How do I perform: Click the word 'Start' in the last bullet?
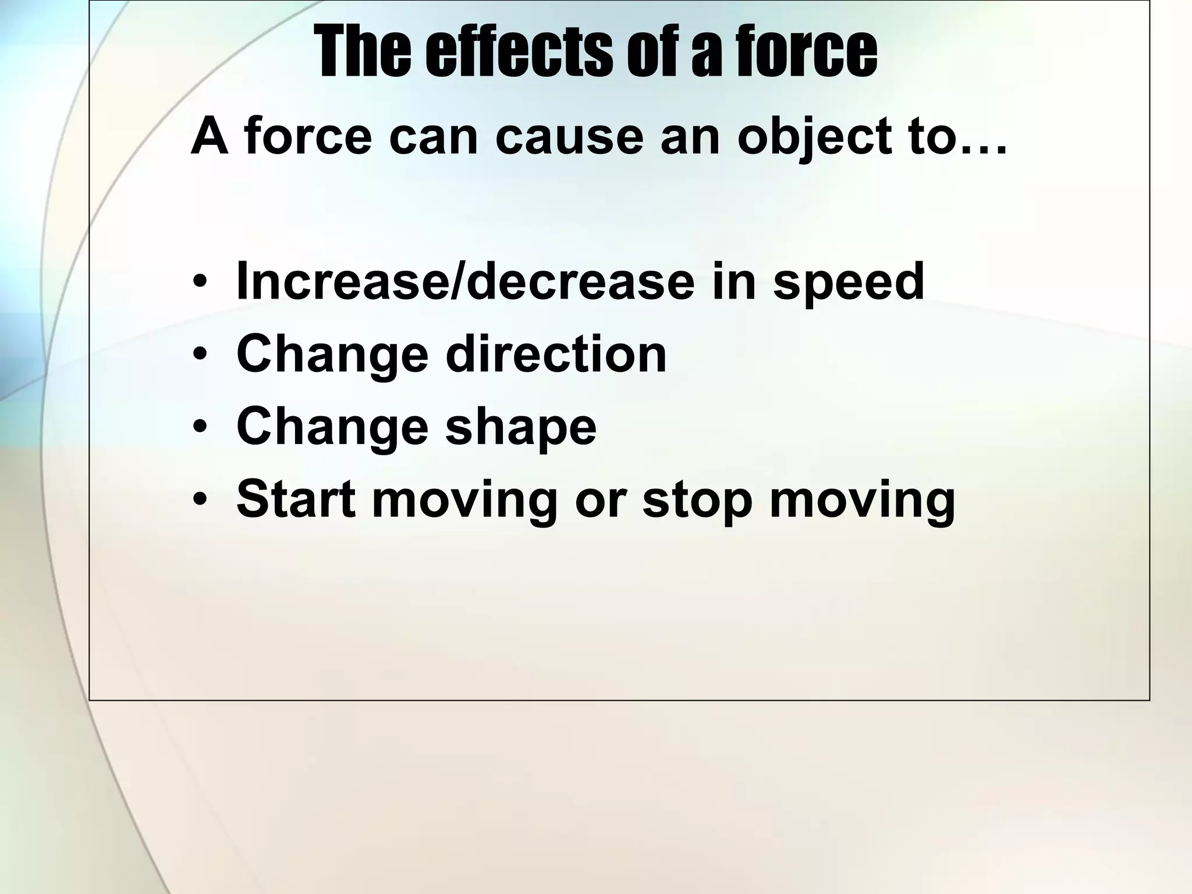(296, 499)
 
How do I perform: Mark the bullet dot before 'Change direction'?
(200, 355)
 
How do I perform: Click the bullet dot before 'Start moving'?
(200, 500)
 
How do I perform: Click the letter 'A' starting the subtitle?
(209, 137)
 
